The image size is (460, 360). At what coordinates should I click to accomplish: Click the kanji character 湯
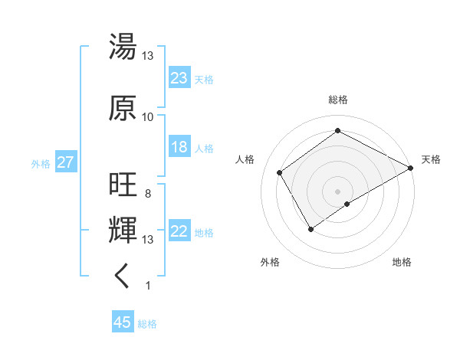123,47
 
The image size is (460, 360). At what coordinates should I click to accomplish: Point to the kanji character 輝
123,229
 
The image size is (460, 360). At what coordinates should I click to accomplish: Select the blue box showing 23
179,78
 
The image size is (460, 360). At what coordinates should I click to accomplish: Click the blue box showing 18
179,147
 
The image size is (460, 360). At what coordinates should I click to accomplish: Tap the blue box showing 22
179,232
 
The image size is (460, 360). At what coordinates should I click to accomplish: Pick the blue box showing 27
65,163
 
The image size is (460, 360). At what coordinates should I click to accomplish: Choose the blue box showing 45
123,323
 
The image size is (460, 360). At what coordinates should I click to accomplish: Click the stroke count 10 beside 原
148,116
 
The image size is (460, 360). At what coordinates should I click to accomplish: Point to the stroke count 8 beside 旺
147,194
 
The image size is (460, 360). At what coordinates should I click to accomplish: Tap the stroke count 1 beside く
147,286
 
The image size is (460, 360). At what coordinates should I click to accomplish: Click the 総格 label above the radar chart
338,100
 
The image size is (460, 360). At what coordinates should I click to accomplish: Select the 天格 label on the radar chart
432,159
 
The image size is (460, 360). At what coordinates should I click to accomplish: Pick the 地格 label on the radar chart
402,263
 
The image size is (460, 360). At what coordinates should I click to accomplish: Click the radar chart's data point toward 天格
410,168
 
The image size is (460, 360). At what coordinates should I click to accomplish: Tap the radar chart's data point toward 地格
347,204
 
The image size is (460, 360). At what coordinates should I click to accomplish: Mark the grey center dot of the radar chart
337,190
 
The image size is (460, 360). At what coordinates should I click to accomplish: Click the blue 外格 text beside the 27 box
41,163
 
